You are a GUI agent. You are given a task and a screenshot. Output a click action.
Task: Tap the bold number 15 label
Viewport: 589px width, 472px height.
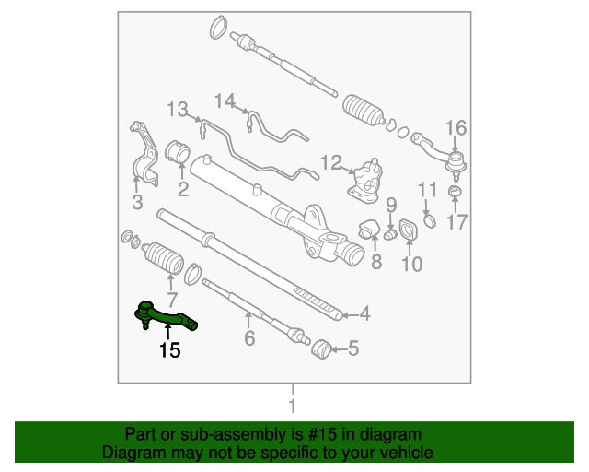point(169,350)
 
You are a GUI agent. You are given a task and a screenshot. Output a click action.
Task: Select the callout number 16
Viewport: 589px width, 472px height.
point(456,128)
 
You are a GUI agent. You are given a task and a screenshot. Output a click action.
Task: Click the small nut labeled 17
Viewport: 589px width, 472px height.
point(455,191)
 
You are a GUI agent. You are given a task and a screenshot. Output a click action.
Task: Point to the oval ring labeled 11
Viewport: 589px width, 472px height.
point(430,220)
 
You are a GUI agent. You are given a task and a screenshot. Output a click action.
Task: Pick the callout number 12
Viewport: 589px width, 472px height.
point(331,163)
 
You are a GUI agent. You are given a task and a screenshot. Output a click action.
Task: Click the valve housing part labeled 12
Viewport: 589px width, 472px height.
point(365,182)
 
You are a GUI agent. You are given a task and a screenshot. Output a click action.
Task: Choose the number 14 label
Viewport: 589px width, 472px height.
point(225,100)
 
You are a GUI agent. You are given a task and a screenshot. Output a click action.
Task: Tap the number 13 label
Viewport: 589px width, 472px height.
point(178,110)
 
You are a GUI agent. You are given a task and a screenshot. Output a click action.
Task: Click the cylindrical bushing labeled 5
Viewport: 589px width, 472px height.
point(321,348)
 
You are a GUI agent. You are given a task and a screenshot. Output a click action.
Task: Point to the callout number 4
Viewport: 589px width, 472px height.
point(364,313)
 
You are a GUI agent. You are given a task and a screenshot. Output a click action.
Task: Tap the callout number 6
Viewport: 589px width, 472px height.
point(249,337)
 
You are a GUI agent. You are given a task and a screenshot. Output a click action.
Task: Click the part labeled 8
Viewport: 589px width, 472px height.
point(370,229)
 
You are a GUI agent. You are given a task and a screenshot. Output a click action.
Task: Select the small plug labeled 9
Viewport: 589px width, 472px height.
point(390,234)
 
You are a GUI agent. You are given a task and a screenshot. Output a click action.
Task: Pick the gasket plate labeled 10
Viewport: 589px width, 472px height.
point(408,230)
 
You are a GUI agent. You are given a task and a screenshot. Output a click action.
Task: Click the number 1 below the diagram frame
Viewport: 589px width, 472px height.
point(292,407)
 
